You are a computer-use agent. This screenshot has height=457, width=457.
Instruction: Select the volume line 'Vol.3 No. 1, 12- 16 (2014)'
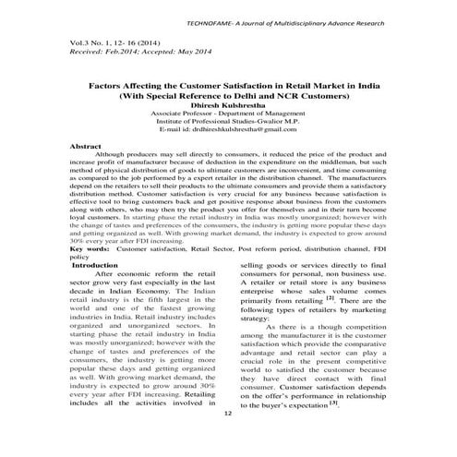pyautogui.click(x=102, y=42)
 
